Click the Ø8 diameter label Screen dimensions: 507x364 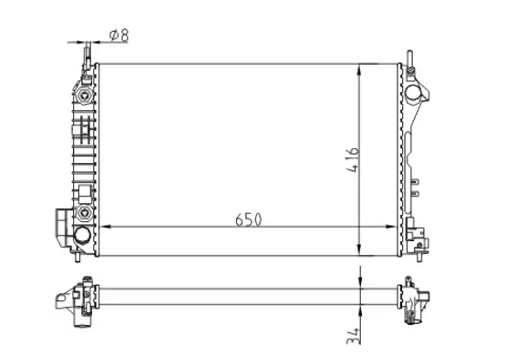coord(119,35)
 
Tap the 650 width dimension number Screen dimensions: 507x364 coord(248,219)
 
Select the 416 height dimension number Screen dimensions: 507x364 coord(353,160)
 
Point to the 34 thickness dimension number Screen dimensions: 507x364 coord(353,336)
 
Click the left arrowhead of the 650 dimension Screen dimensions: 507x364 coord(105,227)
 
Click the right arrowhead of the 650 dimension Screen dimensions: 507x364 coord(390,227)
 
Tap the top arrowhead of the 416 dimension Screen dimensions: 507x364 coord(359,70)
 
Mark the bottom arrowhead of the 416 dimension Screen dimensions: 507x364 coord(359,249)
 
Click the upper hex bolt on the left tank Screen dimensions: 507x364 coord(84,96)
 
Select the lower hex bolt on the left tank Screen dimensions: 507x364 coord(84,212)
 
